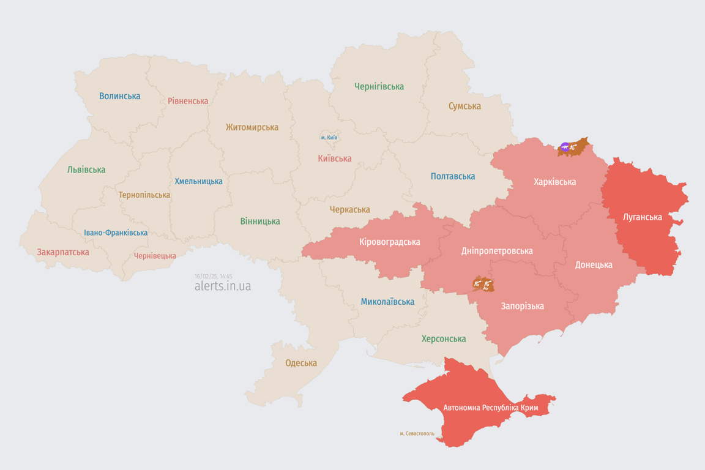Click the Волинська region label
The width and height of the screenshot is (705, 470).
point(120,96)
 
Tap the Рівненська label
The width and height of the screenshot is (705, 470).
point(188,101)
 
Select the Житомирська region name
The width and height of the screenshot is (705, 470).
point(252,127)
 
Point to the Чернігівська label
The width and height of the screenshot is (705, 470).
point(379,86)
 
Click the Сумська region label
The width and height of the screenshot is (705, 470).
point(464,106)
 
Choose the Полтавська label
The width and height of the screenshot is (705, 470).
point(453,176)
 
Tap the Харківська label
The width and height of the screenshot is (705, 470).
point(554,182)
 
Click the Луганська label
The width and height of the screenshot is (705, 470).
point(642,217)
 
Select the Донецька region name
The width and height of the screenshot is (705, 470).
point(594,265)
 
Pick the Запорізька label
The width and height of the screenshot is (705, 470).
point(522,306)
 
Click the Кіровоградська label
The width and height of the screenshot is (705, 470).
point(390,242)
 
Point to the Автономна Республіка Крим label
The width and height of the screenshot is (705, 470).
point(491,408)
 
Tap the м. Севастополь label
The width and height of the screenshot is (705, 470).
point(417,434)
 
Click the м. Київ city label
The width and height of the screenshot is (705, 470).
point(329,138)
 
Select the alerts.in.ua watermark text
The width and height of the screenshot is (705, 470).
point(222,286)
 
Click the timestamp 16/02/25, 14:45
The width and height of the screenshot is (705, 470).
point(214,276)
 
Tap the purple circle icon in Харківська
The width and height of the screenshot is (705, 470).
point(565,147)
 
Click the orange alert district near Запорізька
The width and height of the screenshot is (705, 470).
point(483,284)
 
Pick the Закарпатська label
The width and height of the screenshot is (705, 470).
point(63,252)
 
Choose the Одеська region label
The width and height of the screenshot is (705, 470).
point(301,363)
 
